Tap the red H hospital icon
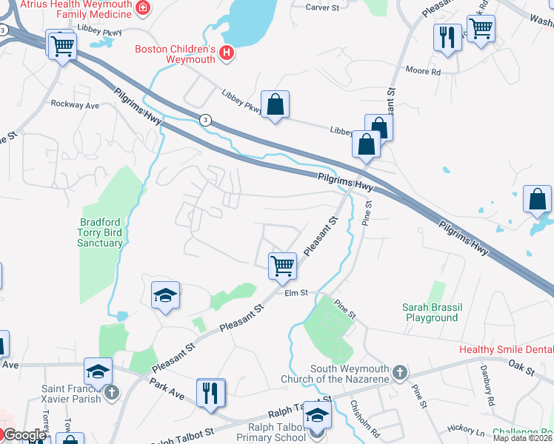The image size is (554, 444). tap(227, 53)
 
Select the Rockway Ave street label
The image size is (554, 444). tap(74, 105)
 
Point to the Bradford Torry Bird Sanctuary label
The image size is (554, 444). tap(101, 232)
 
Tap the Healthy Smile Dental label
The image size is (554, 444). tap(506, 349)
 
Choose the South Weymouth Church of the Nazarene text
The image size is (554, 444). tap(349, 376)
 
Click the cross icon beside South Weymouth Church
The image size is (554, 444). tap(399, 371)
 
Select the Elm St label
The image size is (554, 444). tap(296, 293)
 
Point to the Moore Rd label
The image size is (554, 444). tap(423, 72)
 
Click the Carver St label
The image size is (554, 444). tap(322, 7)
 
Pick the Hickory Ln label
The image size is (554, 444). tap(466, 430)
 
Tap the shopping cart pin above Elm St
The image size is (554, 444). tap(282, 265)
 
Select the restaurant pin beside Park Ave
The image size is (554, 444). tap(211, 392)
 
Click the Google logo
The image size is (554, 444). tap(24, 435)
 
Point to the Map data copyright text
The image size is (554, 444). tap(523, 438)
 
